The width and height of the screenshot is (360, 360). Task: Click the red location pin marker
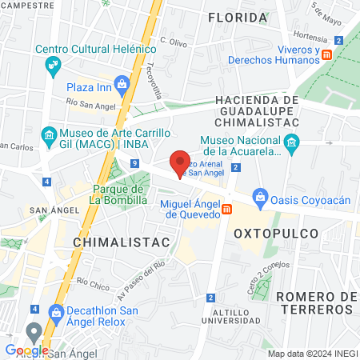coord(181,162)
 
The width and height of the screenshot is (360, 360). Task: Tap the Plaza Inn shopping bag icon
coord(122,83)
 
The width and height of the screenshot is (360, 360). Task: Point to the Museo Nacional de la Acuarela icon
coord(291,144)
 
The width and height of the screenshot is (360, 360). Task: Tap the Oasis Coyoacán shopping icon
coord(259,196)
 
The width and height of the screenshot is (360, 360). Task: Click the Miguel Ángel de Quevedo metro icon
coord(227,210)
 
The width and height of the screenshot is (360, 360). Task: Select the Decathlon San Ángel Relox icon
coord(55,311)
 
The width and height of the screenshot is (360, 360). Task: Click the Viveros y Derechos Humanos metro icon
coord(327,54)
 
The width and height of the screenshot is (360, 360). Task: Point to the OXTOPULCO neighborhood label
coord(276,234)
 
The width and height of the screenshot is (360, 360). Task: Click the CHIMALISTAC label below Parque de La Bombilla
coord(110,241)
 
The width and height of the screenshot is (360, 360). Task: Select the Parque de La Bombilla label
coord(118,194)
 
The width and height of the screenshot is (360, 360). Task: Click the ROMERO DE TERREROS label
coord(317,303)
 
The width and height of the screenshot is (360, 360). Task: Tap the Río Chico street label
coord(94,282)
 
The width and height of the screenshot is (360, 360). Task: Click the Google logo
coord(26,350)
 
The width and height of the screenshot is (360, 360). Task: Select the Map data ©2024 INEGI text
coord(311,354)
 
